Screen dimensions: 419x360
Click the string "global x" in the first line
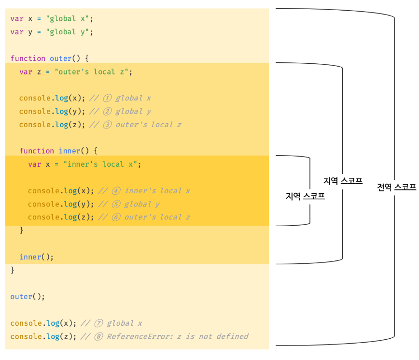[x=68, y=19]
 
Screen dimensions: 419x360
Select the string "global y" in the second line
[x=68, y=32]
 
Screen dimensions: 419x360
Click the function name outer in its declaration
[x=61, y=58]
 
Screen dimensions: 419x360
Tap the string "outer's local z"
[x=91, y=72]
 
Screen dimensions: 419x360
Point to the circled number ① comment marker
[x=107, y=98]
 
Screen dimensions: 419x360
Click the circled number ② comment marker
[x=107, y=111]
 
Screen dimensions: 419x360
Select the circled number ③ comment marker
[x=107, y=125]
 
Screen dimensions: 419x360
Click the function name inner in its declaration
[x=70, y=151]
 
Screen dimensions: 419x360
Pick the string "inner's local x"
[x=100, y=164]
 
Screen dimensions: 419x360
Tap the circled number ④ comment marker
[x=116, y=191]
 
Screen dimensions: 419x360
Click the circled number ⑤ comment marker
[x=116, y=204]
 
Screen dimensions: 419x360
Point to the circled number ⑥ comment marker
[x=116, y=217]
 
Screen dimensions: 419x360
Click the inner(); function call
[x=37, y=257]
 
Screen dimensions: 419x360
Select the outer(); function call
[x=28, y=297]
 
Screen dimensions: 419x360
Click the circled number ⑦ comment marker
[x=98, y=323]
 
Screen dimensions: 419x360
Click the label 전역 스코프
[x=397, y=187]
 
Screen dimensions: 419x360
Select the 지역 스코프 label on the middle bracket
[x=343, y=181]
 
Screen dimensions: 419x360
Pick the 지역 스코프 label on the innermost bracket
[x=305, y=196]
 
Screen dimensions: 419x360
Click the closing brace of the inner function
[x=22, y=230]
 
